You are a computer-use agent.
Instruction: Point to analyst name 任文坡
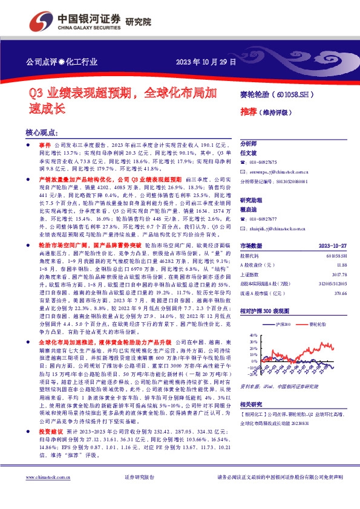click(x=249, y=153)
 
